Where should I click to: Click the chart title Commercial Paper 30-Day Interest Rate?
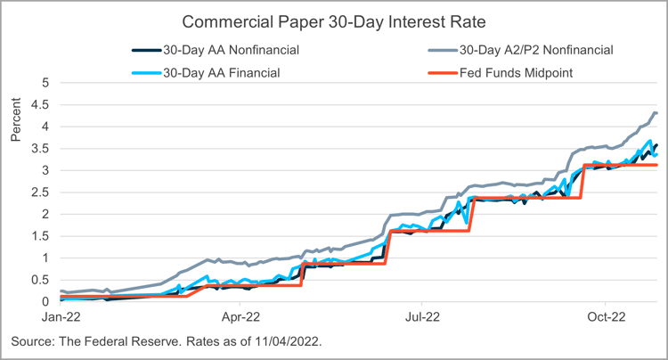333,20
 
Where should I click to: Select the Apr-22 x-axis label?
240,316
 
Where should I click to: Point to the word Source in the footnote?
34,342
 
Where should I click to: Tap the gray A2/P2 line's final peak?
655,112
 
